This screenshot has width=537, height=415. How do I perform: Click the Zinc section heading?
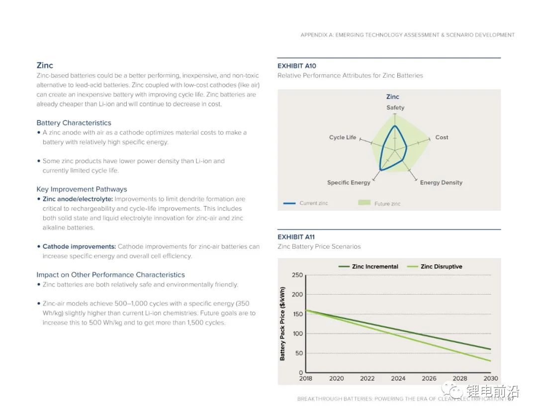45,65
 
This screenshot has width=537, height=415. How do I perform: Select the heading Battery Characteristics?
74,123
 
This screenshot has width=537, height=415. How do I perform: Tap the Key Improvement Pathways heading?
82,189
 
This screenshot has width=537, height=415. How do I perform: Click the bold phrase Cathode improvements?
79,246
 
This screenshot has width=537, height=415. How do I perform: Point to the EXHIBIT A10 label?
296,66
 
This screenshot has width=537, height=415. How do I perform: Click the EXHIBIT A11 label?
296,237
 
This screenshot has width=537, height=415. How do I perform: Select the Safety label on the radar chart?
395,107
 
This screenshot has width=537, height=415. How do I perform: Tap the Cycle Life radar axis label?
343,137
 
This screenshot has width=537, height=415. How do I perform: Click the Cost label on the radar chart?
442,137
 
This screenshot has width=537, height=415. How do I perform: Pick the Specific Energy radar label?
349,183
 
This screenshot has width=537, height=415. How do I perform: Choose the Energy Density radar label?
441,183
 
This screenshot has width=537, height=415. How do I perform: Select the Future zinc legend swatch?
364,203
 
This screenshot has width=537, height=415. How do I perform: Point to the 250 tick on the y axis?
297,275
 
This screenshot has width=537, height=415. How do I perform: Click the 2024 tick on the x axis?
398,379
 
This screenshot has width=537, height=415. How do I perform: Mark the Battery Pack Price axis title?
282,323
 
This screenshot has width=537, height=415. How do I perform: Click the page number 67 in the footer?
510,399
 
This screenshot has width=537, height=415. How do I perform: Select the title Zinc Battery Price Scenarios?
319,246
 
